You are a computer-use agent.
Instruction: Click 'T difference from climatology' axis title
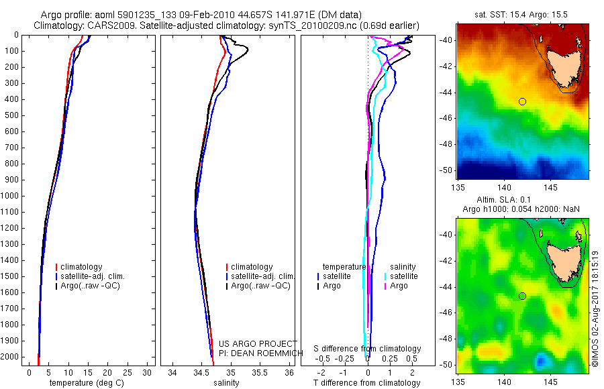tap(366, 383)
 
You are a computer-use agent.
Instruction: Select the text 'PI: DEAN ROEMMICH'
tap(252, 353)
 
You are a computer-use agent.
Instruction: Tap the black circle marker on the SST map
tap(522, 101)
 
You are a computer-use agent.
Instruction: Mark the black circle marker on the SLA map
tap(522, 296)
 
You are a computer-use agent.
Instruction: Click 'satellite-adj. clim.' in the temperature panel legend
tap(98, 276)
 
